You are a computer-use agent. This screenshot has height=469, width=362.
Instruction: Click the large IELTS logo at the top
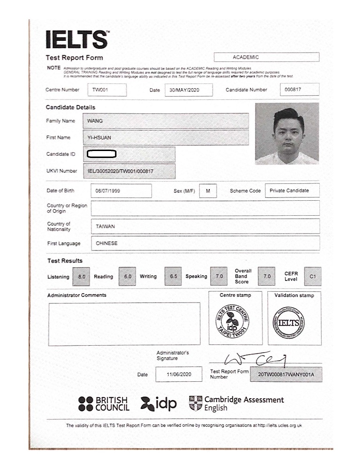(77, 39)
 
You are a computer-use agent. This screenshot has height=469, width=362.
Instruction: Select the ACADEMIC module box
(266, 57)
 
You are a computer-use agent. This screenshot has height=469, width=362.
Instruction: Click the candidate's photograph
(287, 133)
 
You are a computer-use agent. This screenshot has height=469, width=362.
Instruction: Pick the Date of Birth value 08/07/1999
(122, 191)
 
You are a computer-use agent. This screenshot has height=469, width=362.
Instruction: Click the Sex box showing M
(208, 191)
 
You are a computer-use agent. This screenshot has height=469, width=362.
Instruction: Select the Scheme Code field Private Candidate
(292, 190)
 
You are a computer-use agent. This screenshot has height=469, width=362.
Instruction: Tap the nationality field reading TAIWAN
(205, 226)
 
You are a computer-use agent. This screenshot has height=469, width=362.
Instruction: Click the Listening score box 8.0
(82, 277)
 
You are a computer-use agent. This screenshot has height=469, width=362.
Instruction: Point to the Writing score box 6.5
(173, 276)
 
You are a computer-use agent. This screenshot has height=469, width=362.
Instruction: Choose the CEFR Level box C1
(313, 276)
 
